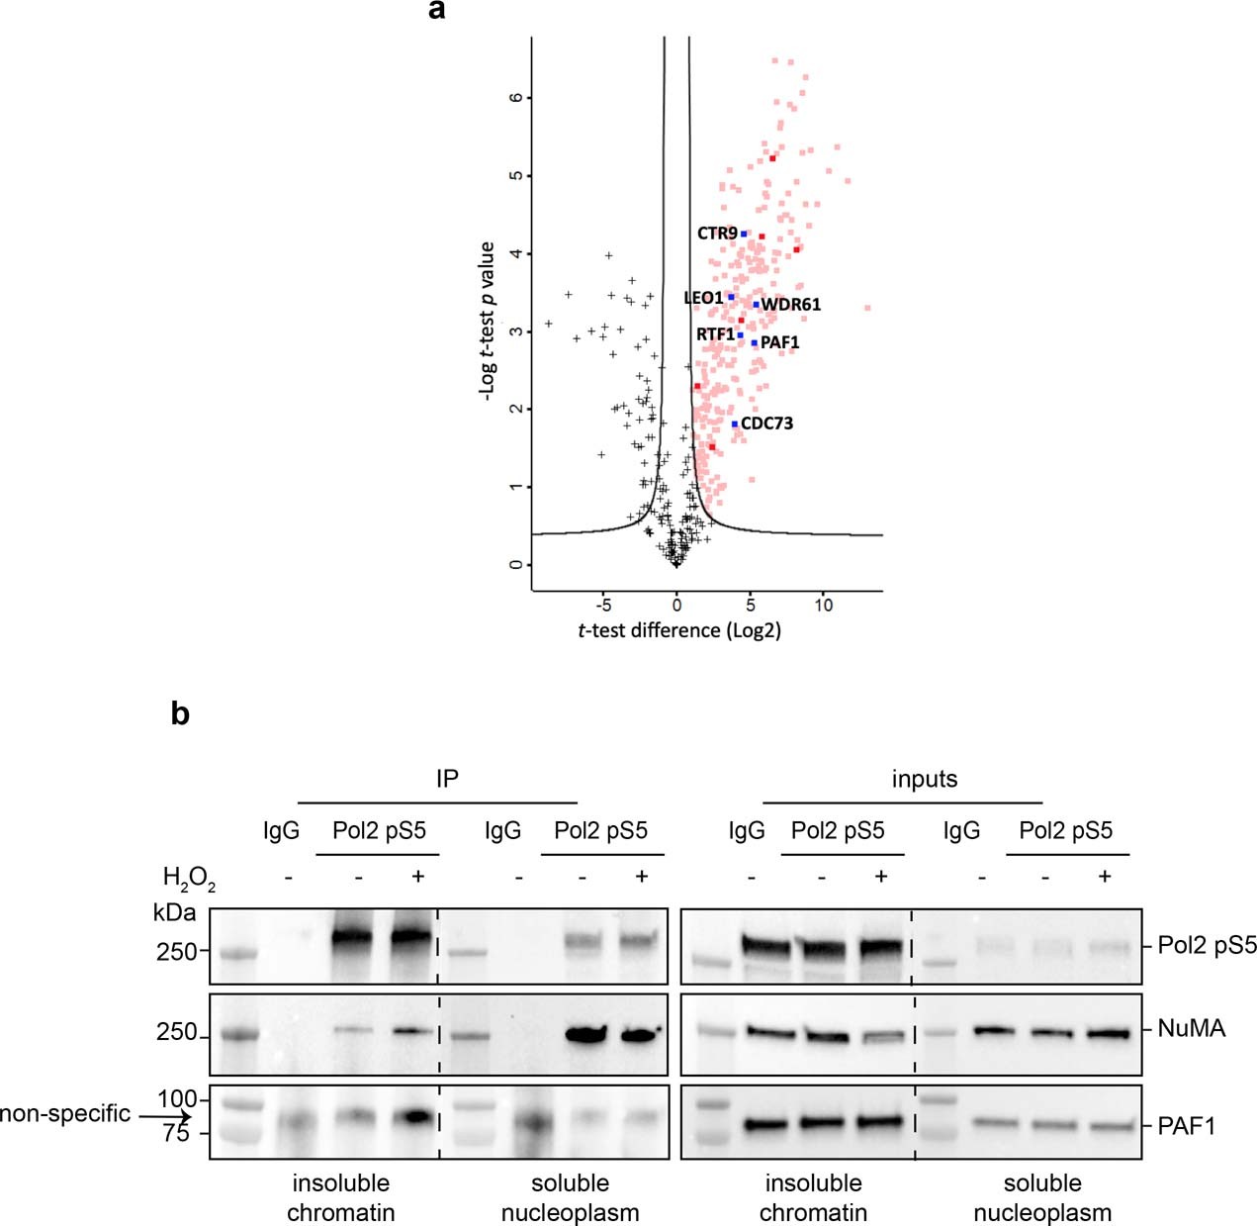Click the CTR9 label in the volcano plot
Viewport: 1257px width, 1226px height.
(717, 234)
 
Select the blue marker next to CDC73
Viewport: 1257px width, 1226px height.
(735, 424)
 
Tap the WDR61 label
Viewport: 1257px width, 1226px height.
(790, 305)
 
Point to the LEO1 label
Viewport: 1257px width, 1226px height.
(703, 298)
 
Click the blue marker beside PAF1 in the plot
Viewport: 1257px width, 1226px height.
(754, 343)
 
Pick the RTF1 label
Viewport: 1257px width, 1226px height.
(715, 334)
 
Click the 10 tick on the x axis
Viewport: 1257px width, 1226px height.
(823, 606)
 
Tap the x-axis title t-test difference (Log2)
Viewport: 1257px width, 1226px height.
(679, 631)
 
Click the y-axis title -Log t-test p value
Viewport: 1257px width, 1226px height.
(486, 321)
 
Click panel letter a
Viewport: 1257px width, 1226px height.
(437, 11)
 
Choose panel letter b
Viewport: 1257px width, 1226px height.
(180, 712)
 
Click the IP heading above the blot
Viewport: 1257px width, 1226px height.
(447, 779)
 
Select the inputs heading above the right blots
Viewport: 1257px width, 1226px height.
(924, 779)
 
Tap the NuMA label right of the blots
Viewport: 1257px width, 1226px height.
(1191, 1029)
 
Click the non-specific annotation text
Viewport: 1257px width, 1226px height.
(65, 1114)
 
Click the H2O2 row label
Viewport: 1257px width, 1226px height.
(188, 878)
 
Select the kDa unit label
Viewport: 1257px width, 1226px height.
(174, 911)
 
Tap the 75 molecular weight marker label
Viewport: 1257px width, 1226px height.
(175, 1134)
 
